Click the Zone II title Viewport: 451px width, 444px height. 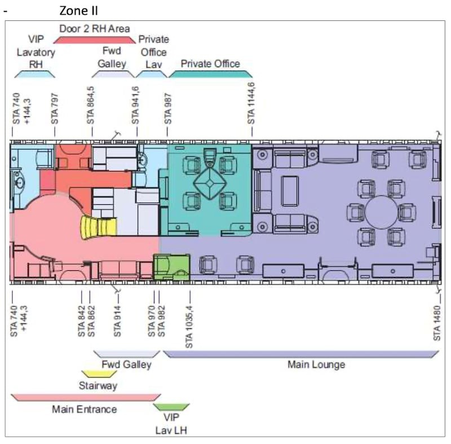coord(78,11)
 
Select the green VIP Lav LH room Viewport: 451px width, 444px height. coord(172,267)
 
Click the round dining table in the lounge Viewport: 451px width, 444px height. coord(382,212)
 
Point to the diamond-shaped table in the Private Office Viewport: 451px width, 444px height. coord(210,183)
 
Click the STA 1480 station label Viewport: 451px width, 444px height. coord(437,323)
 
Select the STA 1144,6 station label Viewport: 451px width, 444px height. coord(251,104)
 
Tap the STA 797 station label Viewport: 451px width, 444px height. coord(55,109)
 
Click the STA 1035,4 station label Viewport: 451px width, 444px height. coord(189,327)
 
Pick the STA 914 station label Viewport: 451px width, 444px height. coord(117,321)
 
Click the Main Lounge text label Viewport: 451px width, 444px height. coord(316,364)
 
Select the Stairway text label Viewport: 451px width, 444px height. coord(98,385)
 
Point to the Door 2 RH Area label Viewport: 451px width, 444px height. coord(94,29)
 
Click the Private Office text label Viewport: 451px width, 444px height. coord(210,64)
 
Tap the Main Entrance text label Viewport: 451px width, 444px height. coord(84,409)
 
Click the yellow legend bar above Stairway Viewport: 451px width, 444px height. coord(99,374)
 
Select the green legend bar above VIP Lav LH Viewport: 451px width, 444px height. coord(171,407)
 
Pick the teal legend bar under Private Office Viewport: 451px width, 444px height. coord(210,74)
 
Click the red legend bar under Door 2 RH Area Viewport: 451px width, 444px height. coord(95,40)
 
